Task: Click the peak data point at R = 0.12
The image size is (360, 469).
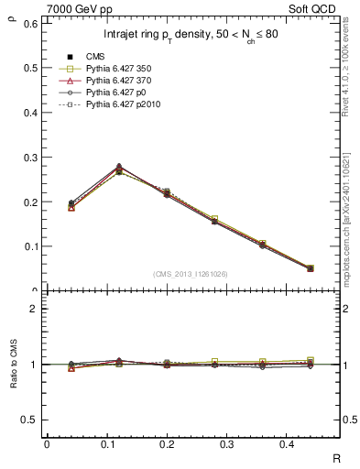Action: tap(119, 169)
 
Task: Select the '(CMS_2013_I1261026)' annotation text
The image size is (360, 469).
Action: tap(191, 273)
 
